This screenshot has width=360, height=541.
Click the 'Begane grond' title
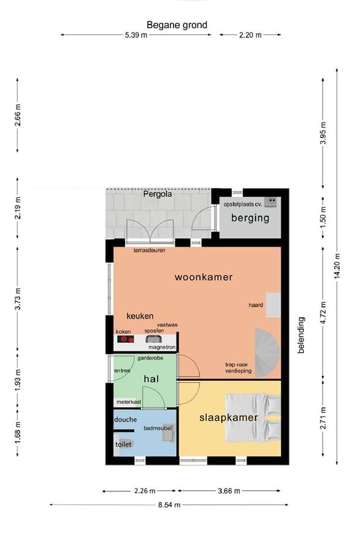[177, 25]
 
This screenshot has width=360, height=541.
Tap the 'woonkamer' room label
[204, 277]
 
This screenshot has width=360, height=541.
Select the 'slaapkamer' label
[229, 418]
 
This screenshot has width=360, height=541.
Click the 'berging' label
[250, 218]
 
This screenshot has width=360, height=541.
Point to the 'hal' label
[151, 379]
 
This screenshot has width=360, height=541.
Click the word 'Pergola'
[158, 194]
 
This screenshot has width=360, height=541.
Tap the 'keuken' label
[140, 316]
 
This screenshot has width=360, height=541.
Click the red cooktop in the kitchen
[126, 339]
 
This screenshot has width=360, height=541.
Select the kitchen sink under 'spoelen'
[153, 339]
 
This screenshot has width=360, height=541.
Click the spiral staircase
[267, 353]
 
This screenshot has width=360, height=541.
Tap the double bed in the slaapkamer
[253, 418]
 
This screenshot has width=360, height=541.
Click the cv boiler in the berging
[270, 201]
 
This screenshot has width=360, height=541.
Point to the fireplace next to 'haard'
[273, 305]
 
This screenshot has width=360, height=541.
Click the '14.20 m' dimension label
[337, 266]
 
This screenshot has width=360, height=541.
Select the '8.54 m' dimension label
[169, 505]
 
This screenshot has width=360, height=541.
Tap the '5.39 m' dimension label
[136, 35]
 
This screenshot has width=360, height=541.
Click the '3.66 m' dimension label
[229, 491]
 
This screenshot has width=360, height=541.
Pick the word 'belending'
[301, 335]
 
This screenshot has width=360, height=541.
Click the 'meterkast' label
[129, 402]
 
